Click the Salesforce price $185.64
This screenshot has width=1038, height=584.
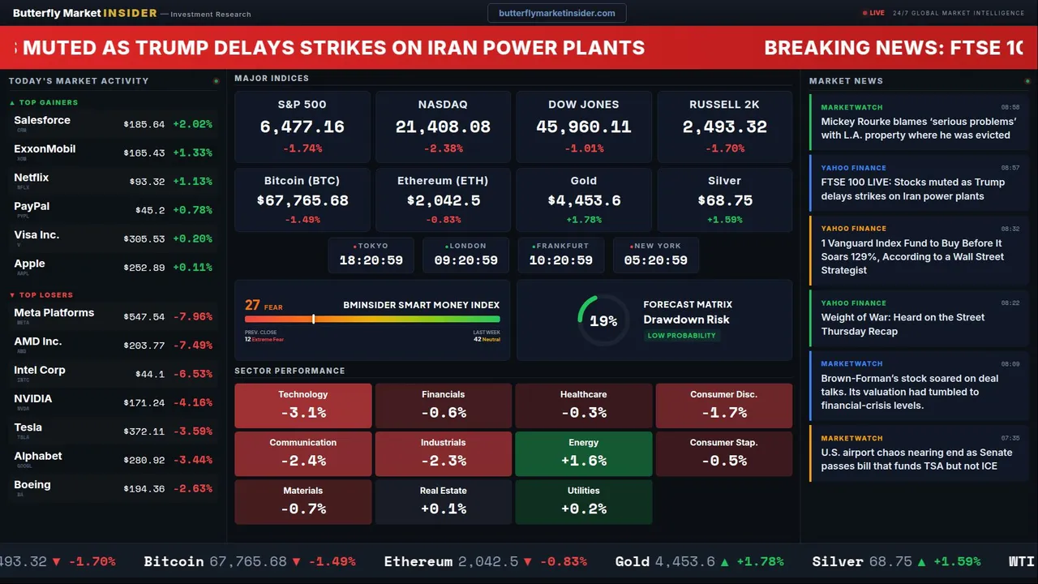point(144,125)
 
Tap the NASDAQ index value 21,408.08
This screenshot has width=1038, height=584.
point(443,127)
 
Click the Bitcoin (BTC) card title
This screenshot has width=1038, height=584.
point(302,181)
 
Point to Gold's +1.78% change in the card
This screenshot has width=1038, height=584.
point(583,220)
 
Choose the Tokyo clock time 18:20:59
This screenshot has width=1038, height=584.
point(371,260)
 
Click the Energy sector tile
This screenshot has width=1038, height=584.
point(583,453)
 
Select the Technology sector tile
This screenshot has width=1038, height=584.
point(302,406)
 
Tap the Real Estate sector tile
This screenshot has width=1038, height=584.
point(443,502)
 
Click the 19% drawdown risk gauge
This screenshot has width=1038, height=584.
point(603,321)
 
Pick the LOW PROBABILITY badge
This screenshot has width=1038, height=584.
point(681,336)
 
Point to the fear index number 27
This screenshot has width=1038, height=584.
point(252,305)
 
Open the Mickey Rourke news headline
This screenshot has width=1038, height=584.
point(918,128)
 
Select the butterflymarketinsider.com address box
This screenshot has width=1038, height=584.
point(556,13)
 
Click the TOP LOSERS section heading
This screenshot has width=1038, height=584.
point(45,295)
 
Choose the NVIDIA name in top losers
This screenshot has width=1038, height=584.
point(33,399)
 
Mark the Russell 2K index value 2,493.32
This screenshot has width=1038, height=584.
point(724,127)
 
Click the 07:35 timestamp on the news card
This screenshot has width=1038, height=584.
point(1010,438)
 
